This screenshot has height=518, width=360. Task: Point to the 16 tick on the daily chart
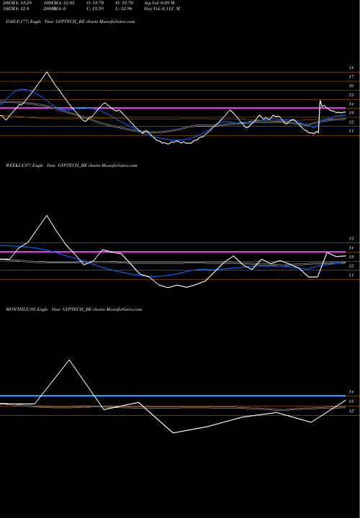pyautogui.click(x=351, y=86)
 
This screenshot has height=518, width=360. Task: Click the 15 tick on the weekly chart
pyautogui.click(x=351, y=238)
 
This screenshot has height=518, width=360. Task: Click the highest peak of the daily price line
pyautogui.click(x=48, y=72)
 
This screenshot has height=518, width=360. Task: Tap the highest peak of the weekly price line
pyautogui.click(x=48, y=215)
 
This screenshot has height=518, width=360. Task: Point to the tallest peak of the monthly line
pyautogui.click(x=70, y=359)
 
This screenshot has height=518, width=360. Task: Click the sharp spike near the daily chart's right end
pyautogui.click(x=321, y=100)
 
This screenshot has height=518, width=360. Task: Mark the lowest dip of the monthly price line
pyautogui.click(x=173, y=432)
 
